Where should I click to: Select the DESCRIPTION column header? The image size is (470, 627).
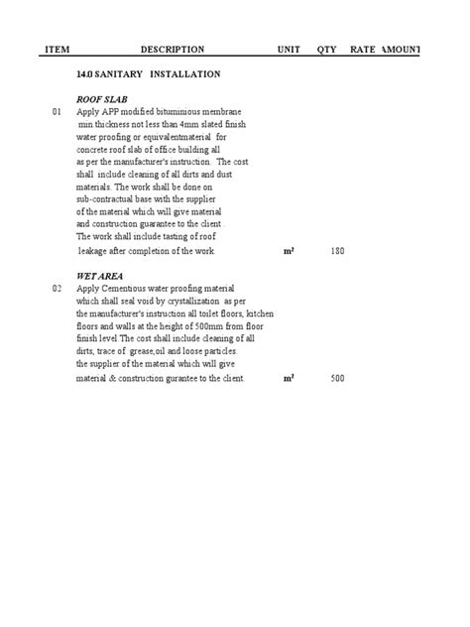[x=172, y=50]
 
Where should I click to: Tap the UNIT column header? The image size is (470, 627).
[x=289, y=50]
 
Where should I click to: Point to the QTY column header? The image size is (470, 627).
[x=326, y=50]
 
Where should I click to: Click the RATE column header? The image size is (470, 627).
[x=362, y=50]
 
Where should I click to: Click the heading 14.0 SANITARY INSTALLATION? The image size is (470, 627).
[x=148, y=74]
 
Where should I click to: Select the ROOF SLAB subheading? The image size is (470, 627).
[x=102, y=100]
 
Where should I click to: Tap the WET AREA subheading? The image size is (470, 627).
[x=100, y=275]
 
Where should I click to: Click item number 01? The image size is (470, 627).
[x=57, y=113]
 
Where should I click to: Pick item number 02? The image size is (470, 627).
[x=57, y=288]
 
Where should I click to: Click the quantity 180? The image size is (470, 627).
[x=337, y=252]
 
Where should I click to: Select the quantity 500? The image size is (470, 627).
[x=337, y=378]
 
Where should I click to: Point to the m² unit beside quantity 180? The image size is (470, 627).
[x=289, y=252]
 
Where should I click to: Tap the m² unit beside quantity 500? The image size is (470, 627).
[x=289, y=378]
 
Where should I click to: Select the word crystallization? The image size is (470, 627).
[x=190, y=301]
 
